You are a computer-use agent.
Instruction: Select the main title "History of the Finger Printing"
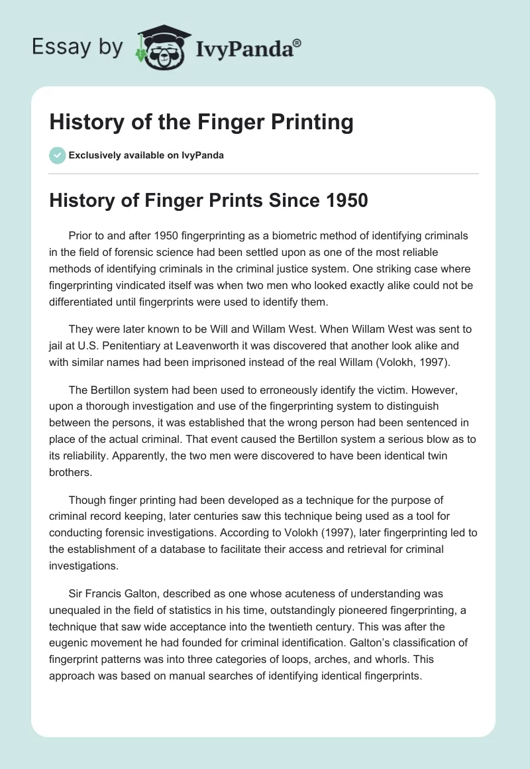point(201,123)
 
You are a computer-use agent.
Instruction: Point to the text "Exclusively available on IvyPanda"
point(146,156)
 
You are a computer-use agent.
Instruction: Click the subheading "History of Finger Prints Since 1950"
point(208,200)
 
